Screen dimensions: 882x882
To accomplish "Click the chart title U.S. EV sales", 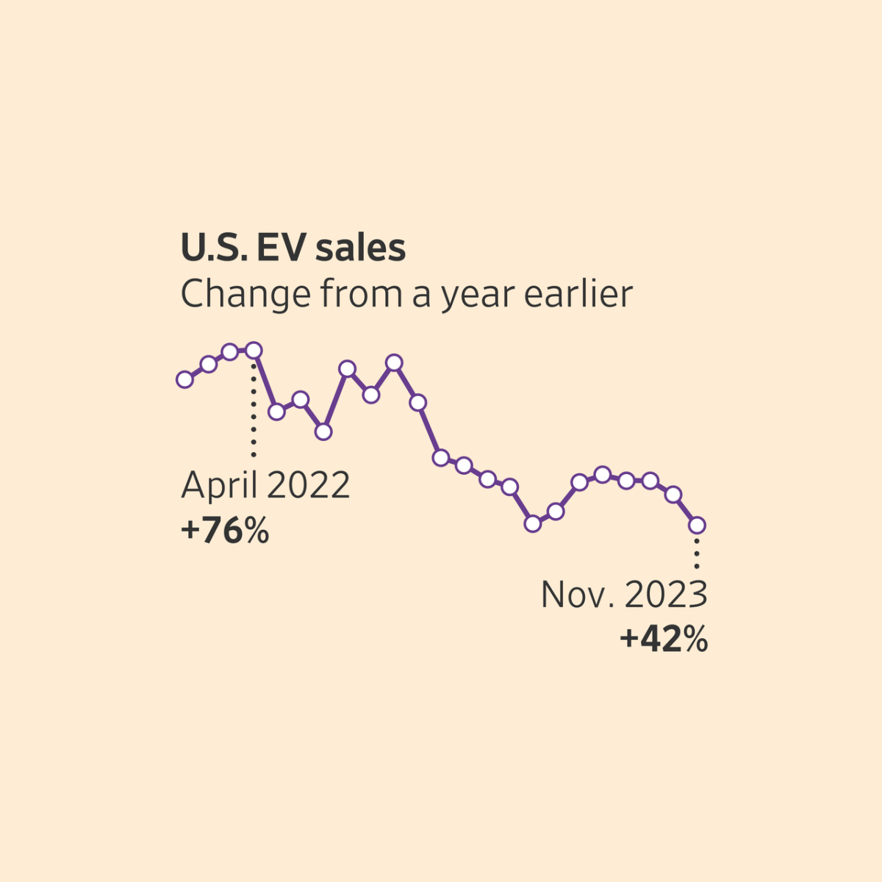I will point(293,248).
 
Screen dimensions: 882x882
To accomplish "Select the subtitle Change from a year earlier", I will point(406,294).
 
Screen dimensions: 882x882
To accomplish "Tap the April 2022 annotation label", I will point(265,485).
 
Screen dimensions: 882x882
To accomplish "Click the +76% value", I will point(225,531).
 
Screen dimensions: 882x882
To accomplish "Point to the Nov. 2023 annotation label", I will point(624,594).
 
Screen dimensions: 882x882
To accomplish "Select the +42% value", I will point(664,639).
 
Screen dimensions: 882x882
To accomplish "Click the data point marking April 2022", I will point(254,350).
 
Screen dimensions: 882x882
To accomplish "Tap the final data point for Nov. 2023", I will point(697,525).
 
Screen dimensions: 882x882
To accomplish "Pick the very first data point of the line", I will point(184,379).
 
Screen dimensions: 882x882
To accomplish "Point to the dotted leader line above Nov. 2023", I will point(697,551).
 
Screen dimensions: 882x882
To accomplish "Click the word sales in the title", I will point(361,248).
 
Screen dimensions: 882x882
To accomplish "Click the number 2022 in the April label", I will point(309,485).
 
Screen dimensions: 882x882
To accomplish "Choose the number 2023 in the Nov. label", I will point(666,594).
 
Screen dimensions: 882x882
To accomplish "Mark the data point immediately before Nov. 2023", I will point(673,495).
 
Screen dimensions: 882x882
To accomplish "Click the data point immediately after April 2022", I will point(276,412).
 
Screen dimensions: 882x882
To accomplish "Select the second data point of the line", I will point(208,364).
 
